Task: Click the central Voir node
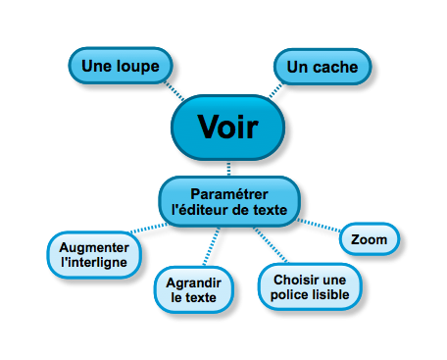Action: coord(227,127)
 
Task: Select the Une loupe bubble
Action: coord(121,66)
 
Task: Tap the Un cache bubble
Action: coord(323,67)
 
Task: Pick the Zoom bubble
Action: coord(370,238)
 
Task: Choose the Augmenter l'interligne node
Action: coord(94,256)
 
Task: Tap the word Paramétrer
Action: coord(228,192)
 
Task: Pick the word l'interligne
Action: coord(94,264)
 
